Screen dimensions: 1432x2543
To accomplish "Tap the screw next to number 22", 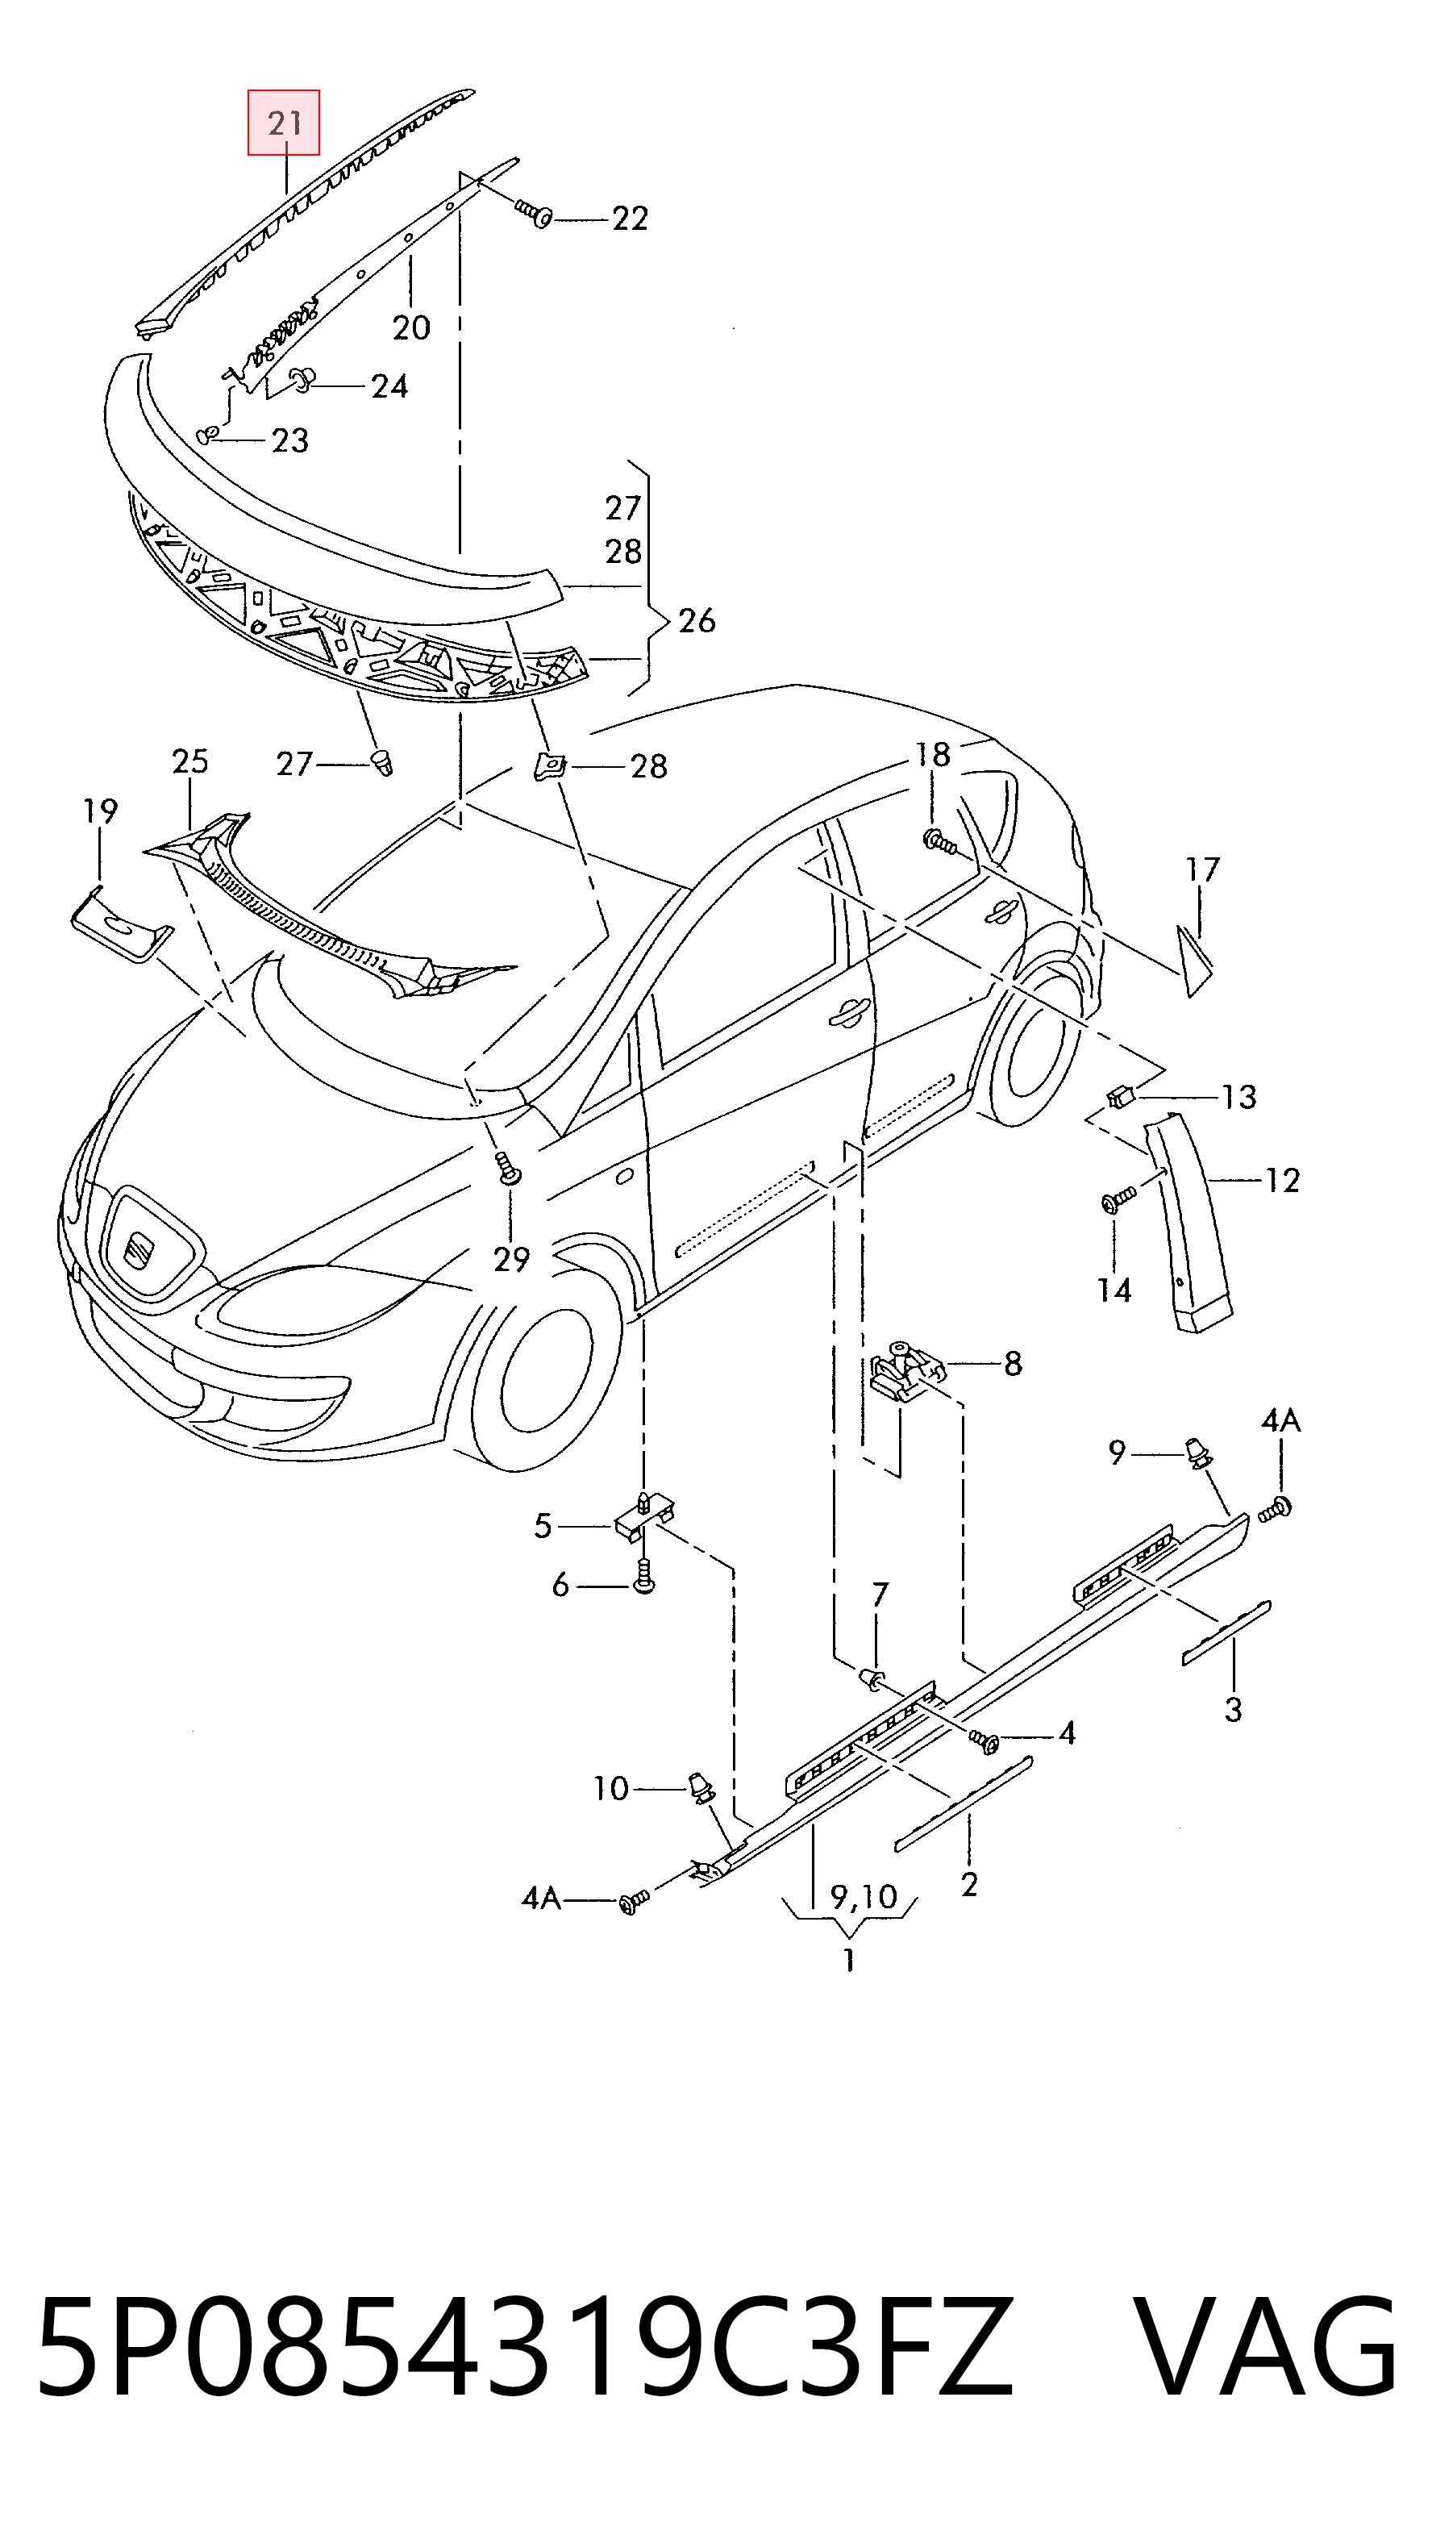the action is pyautogui.click(x=534, y=212).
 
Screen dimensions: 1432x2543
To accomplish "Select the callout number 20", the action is pyautogui.click(x=411, y=327).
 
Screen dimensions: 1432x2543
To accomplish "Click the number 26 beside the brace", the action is pyautogui.click(x=696, y=621).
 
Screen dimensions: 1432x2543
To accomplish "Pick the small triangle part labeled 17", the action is pyautogui.click(x=1193, y=958).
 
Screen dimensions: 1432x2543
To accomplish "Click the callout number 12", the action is pyautogui.click(x=1281, y=1180).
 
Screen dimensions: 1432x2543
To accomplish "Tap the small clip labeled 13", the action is pyautogui.click(x=1120, y=1096).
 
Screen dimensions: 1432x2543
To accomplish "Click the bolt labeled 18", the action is pyautogui.click(x=939, y=841).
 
